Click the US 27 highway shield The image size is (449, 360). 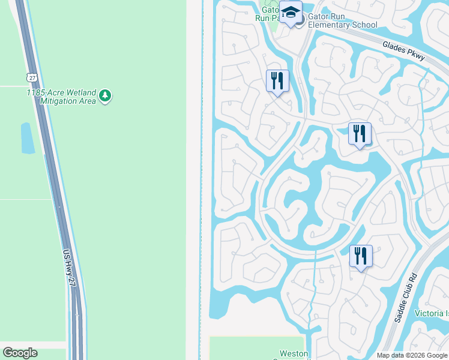[x=31, y=77]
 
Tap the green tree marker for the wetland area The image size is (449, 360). [x=106, y=95]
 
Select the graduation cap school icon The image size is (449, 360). [x=291, y=13]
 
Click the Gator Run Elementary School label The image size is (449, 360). [x=343, y=20]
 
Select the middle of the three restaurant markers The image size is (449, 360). [x=360, y=133]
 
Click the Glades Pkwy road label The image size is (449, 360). [x=403, y=50]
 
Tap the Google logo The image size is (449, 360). [x=20, y=353]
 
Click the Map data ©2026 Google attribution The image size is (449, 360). [x=412, y=355]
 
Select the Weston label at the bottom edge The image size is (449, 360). [x=294, y=354]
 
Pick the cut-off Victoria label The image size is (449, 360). [x=432, y=314]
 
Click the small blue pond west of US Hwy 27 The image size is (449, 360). [x=28, y=138]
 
